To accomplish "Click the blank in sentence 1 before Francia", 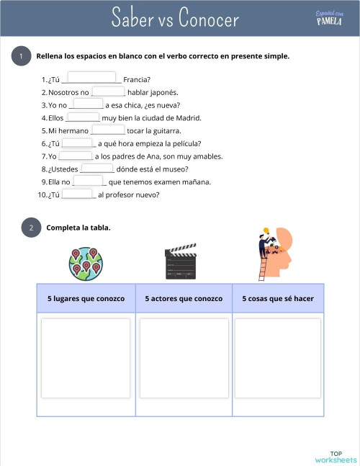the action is coord(91,78).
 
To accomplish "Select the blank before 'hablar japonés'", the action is coord(109,91).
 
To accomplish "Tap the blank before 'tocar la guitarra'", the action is coord(108,130).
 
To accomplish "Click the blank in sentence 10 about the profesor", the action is coord(78,194).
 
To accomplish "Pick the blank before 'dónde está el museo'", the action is coord(97,169).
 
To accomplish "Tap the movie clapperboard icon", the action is coord(181,261).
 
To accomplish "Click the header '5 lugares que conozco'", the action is coord(86,298).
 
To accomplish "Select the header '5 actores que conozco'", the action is coord(184,298).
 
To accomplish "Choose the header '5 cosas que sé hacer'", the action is coord(278,298).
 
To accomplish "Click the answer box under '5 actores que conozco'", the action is coord(184,358).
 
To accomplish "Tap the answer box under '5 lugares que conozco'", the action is coord(86,358).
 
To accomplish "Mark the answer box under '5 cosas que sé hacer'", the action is coord(278,358).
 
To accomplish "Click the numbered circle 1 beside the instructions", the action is coord(22,57).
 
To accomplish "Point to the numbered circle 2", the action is coord(31,228).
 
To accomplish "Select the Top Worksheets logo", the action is coord(336,456).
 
